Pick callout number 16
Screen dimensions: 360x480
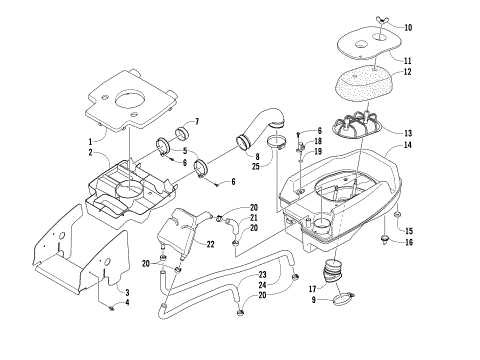[408, 242]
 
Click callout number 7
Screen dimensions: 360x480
[195, 122]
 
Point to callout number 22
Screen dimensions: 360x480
[210, 244]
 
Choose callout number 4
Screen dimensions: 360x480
[126, 306]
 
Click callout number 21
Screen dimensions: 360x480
[254, 218]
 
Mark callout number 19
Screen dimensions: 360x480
[318, 151]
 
